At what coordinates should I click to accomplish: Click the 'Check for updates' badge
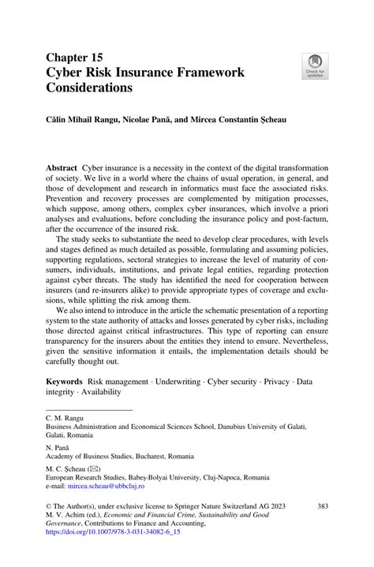316,66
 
